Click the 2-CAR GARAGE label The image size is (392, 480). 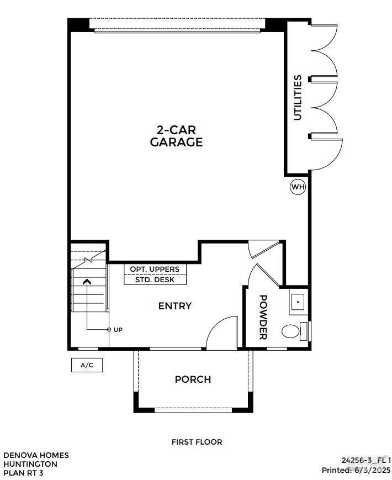tap(176, 136)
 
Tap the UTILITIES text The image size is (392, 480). tap(298, 97)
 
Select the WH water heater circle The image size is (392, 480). tap(298, 187)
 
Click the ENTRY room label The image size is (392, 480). tap(174, 306)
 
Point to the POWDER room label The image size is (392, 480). tap(263, 317)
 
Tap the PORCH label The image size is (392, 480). tap(193, 379)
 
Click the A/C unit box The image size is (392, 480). tap(87, 365)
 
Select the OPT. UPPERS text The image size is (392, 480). tap(155, 269)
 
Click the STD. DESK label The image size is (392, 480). tap(155, 279)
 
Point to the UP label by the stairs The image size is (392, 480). tap(118, 330)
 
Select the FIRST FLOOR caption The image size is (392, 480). tap(197, 442)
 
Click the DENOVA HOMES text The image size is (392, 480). tap(36, 455)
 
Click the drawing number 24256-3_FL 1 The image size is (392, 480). tap(366, 460)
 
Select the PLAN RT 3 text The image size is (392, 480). tap(23, 473)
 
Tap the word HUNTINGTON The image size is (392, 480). tap(30, 464)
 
